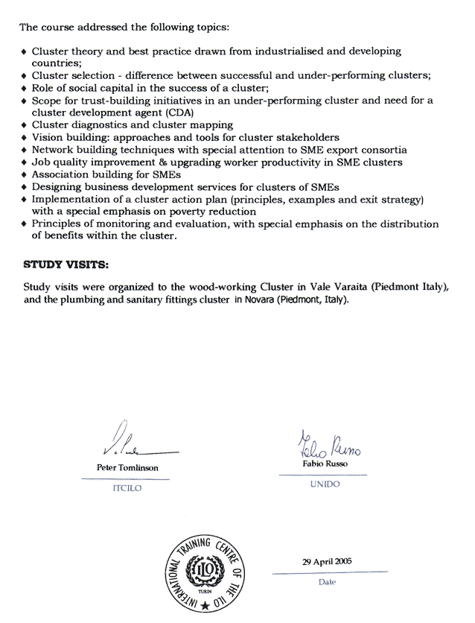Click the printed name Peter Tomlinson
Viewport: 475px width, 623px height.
tap(127, 468)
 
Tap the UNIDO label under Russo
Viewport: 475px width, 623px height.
tap(323, 484)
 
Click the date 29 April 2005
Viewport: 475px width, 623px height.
tap(327, 562)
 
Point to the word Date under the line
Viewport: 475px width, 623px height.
tap(327, 581)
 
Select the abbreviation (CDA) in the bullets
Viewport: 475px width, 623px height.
tap(180, 112)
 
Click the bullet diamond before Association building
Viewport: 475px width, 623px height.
tap(25, 174)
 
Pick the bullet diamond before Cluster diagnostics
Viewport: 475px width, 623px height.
tap(25, 125)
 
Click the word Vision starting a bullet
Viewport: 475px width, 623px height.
tap(48, 137)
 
